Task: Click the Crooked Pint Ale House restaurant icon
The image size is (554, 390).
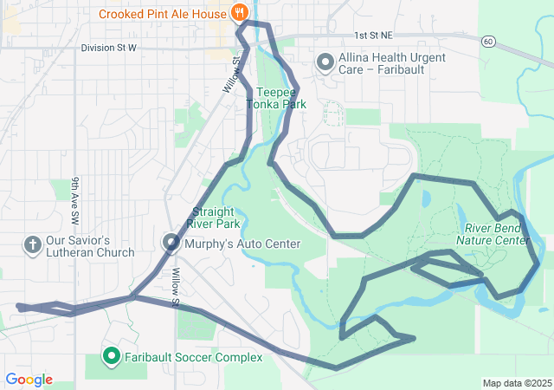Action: (x=240, y=14)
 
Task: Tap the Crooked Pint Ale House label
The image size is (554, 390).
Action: (x=163, y=14)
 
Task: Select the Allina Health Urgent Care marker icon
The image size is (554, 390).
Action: (x=325, y=62)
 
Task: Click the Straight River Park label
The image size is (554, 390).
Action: (x=216, y=218)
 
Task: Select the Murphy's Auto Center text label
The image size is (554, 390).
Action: (x=242, y=244)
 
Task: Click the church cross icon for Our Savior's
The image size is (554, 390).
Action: (x=33, y=245)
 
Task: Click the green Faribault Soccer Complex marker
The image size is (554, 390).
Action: (x=112, y=356)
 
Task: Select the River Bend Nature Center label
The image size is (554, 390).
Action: (x=492, y=234)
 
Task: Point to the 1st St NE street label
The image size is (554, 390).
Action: (x=373, y=36)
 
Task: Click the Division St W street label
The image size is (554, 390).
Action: (x=109, y=48)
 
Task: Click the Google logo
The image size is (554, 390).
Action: (x=29, y=380)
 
